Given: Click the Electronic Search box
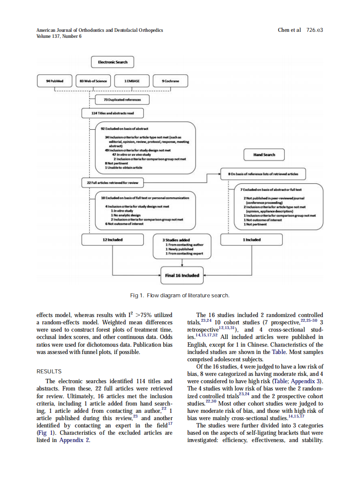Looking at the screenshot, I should [113, 62].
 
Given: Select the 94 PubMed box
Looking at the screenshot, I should [55, 81].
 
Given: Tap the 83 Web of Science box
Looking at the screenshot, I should [93, 81].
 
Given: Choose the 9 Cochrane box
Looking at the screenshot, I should [171, 81].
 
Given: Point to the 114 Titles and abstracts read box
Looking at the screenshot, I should [112, 113].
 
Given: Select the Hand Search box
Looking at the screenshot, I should [264, 154].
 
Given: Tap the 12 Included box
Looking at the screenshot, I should [113, 240].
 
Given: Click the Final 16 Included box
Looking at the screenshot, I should [182, 275].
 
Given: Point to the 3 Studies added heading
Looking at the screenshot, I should [173, 240].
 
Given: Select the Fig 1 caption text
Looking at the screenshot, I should [180, 296].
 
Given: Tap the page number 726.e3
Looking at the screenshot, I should [314, 30].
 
